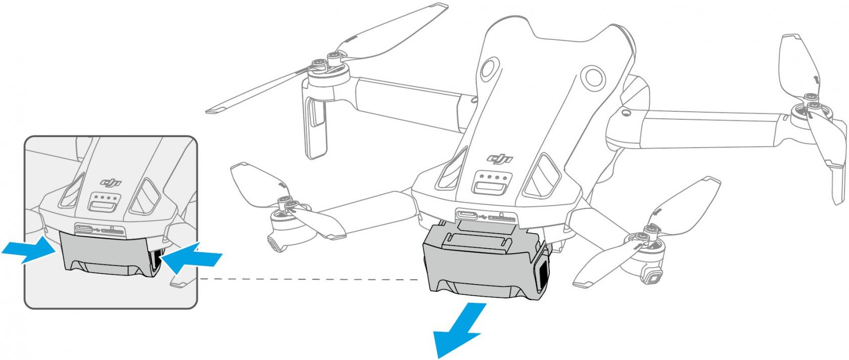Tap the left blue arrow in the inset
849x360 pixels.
(29, 249)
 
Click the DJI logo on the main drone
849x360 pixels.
(500, 158)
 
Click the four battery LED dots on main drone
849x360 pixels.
(493, 176)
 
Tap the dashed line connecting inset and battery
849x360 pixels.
(308, 280)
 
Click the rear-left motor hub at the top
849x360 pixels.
(329, 70)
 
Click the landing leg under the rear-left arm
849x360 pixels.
(315, 127)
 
